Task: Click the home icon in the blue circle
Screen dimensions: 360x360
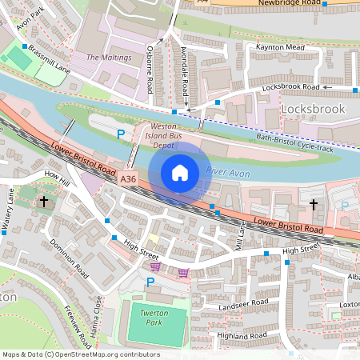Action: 180,173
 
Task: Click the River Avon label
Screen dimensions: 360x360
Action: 228,171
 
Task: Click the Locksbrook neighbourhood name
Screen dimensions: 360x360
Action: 312,108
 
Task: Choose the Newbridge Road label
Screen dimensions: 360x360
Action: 292,4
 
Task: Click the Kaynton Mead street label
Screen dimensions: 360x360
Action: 281,47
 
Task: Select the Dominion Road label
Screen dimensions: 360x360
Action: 68,254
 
